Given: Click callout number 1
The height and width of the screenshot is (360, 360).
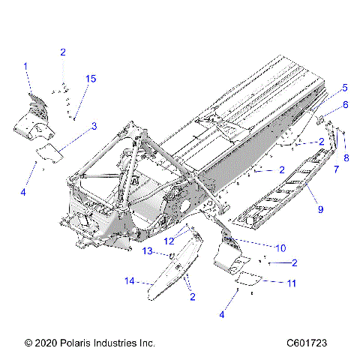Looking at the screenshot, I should [26, 67].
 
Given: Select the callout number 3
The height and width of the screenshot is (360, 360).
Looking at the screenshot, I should [94, 126].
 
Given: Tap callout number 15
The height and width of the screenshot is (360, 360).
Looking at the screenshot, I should [91, 79].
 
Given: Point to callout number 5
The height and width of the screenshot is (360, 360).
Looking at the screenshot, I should [345, 88].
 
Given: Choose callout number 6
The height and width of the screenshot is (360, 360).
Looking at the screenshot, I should [345, 105].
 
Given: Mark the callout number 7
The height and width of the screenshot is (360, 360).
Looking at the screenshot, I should [337, 170].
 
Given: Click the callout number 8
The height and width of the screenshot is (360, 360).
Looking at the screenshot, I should [346, 157].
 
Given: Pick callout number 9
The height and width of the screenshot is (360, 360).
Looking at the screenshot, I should [320, 209].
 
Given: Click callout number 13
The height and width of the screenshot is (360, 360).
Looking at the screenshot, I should [148, 250].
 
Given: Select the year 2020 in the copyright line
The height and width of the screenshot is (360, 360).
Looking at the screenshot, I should [47, 343].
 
